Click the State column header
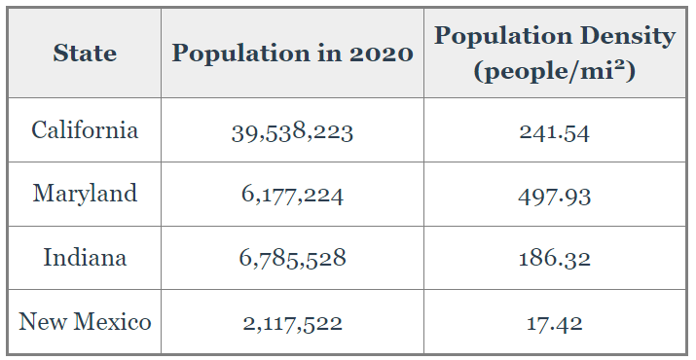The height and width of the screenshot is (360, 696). pyautogui.click(x=85, y=53)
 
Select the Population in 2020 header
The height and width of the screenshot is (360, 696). pyautogui.click(x=293, y=54)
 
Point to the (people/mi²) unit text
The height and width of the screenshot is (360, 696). pyautogui.click(x=555, y=71)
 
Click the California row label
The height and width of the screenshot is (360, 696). pyautogui.click(x=85, y=130)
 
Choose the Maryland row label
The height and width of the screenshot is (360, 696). pyautogui.click(x=85, y=194)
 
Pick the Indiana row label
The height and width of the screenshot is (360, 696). pyautogui.click(x=85, y=258)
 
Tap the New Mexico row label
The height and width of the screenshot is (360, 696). pyautogui.click(x=85, y=321)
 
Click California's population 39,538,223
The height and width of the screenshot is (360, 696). pyautogui.click(x=292, y=132)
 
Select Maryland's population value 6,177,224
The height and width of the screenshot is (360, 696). pyautogui.click(x=292, y=196)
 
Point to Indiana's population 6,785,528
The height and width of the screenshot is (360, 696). pyautogui.click(x=292, y=259)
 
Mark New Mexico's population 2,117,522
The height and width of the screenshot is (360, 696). pyautogui.click(x=292, y=323)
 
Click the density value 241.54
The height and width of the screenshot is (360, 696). pyautogui.click(x=555, y=132)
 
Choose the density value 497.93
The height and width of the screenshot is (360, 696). pyautogui.click(x=555, y=197)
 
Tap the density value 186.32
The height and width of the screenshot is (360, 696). pyautogui.click(x=555, y=259)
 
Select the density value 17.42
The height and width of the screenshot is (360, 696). pyautogui.click(x=555, y=323)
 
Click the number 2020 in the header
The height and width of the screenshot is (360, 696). pyautogui.click(x=382, y=54)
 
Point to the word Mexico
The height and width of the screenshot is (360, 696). pyautogui.click(x=112, y=321)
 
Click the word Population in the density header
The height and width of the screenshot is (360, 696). pyautogui.click(x=503, y=36)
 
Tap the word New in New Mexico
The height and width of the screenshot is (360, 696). pyautogui.click(x=44, y=321)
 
